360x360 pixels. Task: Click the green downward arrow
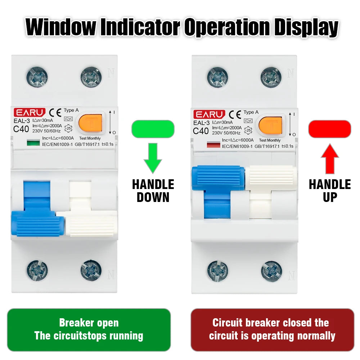153,158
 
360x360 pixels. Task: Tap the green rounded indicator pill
153,129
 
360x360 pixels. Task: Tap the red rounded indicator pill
329,129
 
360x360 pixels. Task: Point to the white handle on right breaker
271,178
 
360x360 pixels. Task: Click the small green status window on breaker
33,144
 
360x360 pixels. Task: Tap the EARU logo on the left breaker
30,113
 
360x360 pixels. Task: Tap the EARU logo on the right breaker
209,114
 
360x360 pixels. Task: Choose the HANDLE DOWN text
153,191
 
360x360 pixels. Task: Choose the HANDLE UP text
329,191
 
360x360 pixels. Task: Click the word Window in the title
61,27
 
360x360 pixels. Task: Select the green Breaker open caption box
89,329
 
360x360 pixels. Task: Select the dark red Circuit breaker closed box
272,329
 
